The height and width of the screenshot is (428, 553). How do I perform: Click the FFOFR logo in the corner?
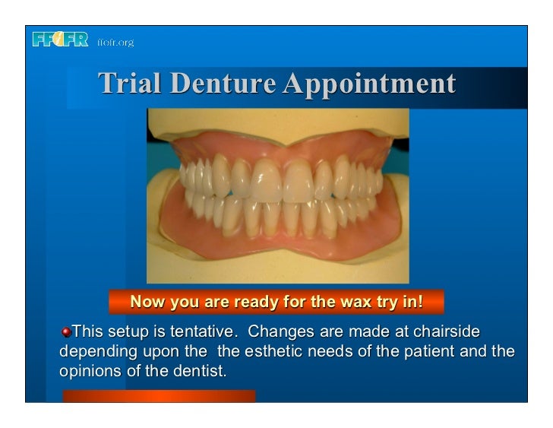point(60,41)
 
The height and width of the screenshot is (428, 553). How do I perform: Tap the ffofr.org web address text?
point(115,43)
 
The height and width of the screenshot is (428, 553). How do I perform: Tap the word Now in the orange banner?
point(148,302)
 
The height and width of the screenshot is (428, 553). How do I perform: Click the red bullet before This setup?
point(67,333)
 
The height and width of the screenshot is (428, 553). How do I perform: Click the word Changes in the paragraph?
point(279,333)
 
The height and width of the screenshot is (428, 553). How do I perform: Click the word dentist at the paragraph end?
point(202,373)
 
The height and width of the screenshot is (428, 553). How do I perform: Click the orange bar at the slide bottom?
point(159,396)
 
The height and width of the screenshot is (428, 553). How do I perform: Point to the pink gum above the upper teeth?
point(228,144)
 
